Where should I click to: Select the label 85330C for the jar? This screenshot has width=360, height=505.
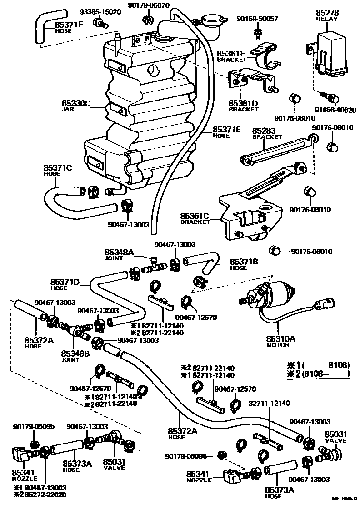(77, 104)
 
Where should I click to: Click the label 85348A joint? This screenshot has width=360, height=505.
(119, 252)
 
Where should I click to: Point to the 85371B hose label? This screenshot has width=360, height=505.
(245, 262)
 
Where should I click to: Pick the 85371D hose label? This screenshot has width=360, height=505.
(65, 282)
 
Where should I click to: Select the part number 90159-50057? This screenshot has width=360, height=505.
(257, 19)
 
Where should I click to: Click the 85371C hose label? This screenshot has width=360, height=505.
(58, 167)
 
